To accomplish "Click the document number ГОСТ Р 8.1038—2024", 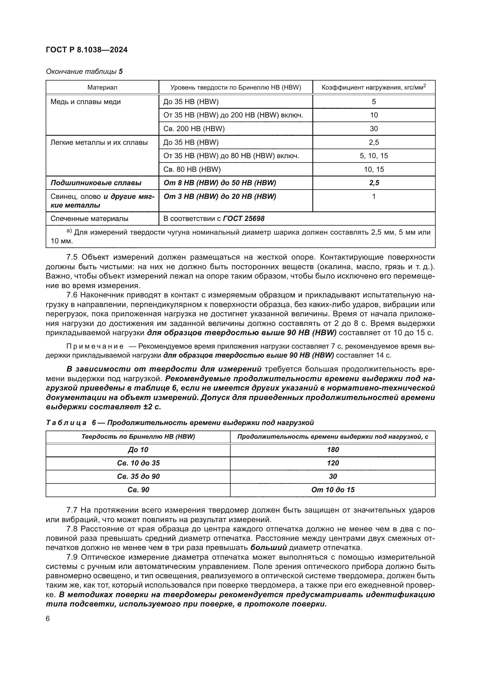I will pyautogui.click(x=87, y=50).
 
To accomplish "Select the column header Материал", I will pyautogui.click(x=102, y=88).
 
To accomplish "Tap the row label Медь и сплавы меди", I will pyautogui.click(x=85, y=102).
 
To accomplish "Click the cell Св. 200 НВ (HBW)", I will pyautogui.click(x=194, y=129).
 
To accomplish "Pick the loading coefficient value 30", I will pyautogui.click(x=374, y=129).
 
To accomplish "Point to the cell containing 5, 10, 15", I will pyautogui.click(x=374, y=156).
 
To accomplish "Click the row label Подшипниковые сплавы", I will pyautogui.click(x=96, y=183).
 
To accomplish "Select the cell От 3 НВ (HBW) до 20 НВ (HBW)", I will pyautogui.click(x=220, y=196).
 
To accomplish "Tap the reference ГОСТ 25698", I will pyautogui.click(x=244, y=219).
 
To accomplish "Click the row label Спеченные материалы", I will pyautogui.click(x=90, y=219).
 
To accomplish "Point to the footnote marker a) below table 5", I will pyautogui.click(x=69, y=231).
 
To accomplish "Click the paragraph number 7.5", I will pyautogui.click(x=72, y=257).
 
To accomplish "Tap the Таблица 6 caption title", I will pyautogui.click(x=180, y=423).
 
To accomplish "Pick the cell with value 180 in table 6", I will pyautogui.click(x=333, y=449).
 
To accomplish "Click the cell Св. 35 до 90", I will pyautogui.click(x=138, y=476).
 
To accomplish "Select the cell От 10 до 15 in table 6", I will pyautogui.click(x=333, y=490).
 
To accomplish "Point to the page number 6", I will pyautogui.click(x=48, y=618).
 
